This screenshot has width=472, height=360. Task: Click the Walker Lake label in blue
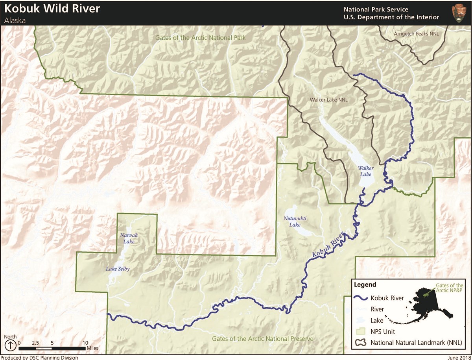click(365, 171)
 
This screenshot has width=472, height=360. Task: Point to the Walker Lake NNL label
click(328, 100)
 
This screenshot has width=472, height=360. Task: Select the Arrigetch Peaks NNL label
click(416, 34)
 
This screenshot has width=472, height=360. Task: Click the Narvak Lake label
click(127, 238)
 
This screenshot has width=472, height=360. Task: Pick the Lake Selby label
click(118, 269)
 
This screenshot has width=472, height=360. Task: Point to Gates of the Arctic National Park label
click(200, 38)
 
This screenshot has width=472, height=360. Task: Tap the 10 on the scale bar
click(85, 343)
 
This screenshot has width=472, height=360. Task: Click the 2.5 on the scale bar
click(35, 343)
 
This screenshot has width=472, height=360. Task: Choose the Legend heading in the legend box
click(365, 284)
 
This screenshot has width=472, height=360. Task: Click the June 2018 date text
click(459, 358)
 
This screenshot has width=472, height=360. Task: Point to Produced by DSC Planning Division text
click(39, 358)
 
